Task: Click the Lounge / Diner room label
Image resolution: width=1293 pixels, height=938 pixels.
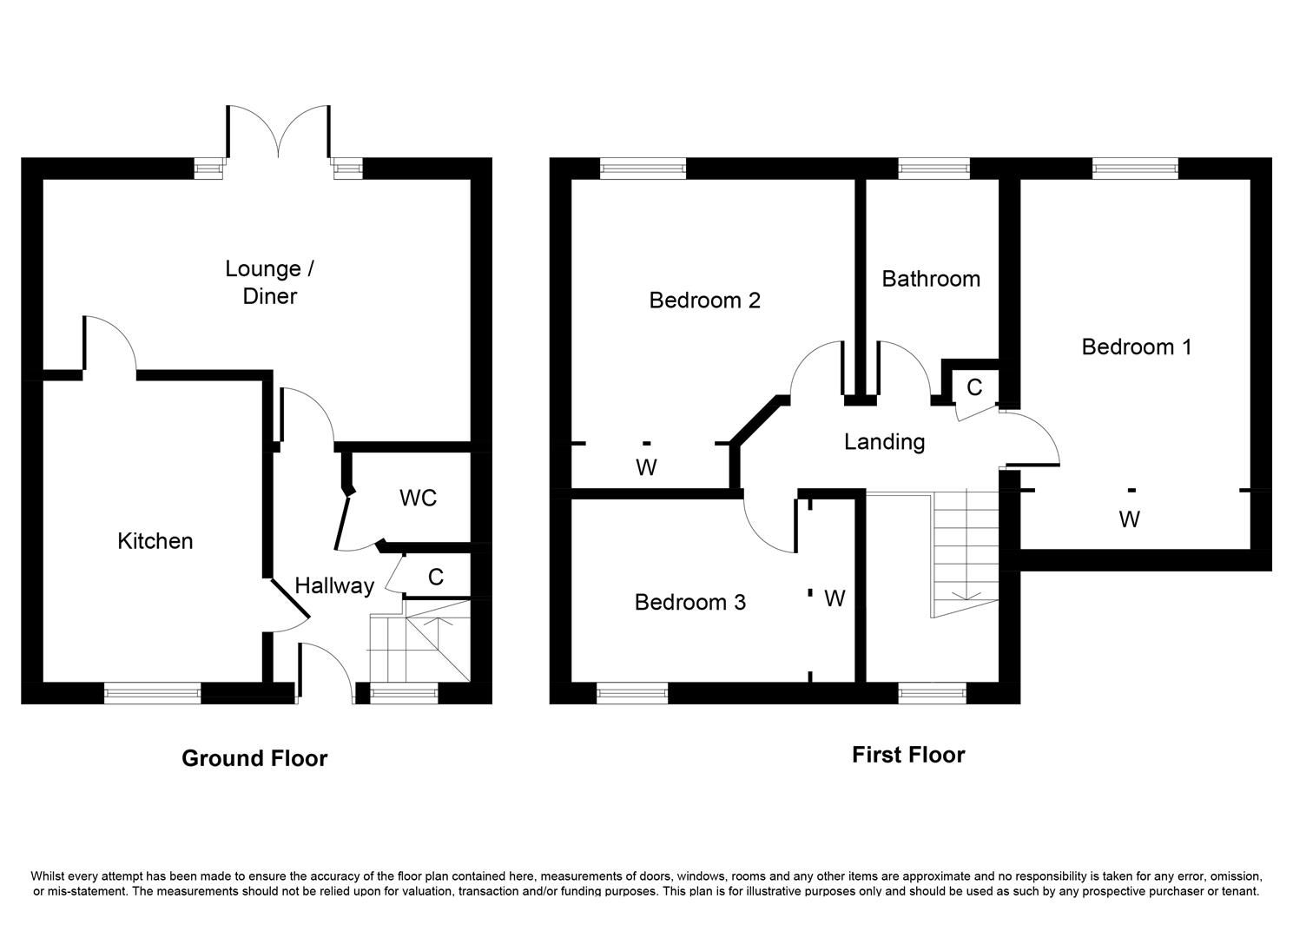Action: pos(269,282)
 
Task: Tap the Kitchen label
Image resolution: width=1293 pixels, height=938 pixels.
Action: pos(155,541)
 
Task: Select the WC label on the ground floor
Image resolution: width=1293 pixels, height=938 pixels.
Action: pos(418,499)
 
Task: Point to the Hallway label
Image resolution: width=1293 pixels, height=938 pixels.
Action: pos(334,586)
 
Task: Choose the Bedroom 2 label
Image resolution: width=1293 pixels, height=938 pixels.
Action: pos(704,301)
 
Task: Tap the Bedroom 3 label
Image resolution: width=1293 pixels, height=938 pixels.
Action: pos(689,603)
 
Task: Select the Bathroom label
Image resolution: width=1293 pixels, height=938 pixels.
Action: pos(930,279)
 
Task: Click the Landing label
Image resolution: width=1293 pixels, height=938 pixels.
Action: pos(884,442)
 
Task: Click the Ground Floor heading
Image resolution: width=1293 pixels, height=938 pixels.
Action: pos(254,758)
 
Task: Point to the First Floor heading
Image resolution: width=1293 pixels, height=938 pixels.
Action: pos(907,755)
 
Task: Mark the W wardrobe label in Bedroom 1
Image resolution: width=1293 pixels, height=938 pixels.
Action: pos(1129,520)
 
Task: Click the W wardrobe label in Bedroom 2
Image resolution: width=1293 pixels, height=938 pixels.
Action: pos(645,468)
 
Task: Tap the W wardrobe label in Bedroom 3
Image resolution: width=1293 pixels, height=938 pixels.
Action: pos(834,598)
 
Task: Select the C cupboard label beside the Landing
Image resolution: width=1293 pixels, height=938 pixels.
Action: pos(974,387)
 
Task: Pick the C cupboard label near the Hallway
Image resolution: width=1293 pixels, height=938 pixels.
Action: pos(436,577)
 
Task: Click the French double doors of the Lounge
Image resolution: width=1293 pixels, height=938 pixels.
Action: pos(278,135)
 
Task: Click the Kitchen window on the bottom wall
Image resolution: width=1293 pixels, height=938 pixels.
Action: pos(152,692)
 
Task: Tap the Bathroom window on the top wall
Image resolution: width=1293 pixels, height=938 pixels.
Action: pos(933,168)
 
